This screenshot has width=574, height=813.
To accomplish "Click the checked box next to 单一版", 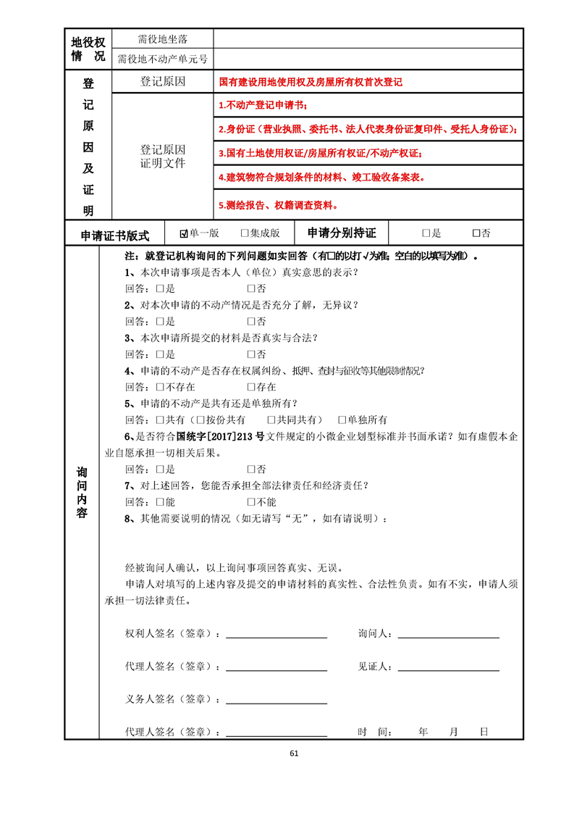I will click(x=185, y=233).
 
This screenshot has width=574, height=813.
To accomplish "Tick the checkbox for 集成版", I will click(x=245, y=233).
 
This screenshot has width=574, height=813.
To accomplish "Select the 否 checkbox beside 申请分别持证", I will click(x=476, y=233).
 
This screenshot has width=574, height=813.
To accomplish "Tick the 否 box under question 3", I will click(x=251, y=354).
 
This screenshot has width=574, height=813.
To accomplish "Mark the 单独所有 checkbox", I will click(x=342, y=420).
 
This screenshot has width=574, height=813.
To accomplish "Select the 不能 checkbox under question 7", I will click(x=251, y=502).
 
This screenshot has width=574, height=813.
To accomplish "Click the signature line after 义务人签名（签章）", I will click(x=277, y=701).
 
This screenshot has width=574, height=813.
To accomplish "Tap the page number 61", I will click(x=293, y=753).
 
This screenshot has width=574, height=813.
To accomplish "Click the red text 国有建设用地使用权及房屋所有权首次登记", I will click(x=311, y=82).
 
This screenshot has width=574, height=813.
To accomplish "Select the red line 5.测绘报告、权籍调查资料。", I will click(x=279, y=206).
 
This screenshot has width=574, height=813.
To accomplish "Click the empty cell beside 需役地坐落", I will click(x=368, y=38).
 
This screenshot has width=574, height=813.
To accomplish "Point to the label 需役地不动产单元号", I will click(x=162, y=59).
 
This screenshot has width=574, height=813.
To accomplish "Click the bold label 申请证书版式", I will click(x=115, y=235).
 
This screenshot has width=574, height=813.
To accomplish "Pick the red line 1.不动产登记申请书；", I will click(x=263, y=106).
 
